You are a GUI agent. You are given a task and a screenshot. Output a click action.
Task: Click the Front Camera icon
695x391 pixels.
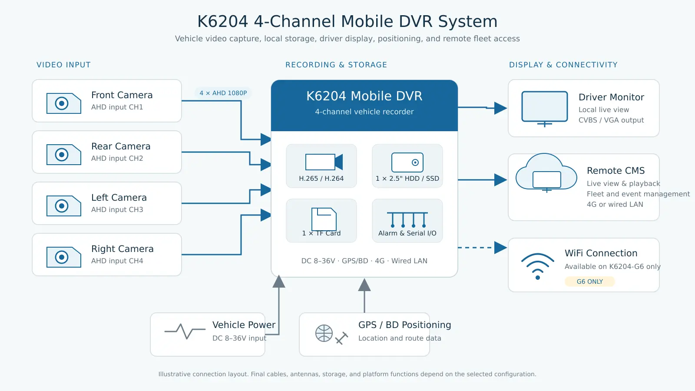63,103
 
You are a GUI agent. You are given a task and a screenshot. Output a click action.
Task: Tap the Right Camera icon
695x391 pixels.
63,257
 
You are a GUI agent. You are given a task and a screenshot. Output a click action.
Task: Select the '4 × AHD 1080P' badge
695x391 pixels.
223,93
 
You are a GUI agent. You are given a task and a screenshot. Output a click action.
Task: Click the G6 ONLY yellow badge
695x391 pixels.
589,282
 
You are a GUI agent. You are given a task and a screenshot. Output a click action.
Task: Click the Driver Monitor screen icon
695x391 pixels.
545,109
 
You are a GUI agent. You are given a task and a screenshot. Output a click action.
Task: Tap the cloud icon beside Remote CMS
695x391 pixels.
546,172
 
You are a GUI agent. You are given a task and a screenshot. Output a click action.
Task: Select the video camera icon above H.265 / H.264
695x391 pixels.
324,162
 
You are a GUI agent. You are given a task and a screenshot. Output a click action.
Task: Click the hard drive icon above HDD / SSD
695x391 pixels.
407,162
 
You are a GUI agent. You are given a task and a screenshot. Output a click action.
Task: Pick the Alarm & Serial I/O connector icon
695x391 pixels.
407,220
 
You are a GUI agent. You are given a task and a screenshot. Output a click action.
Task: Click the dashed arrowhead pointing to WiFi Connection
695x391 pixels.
500,248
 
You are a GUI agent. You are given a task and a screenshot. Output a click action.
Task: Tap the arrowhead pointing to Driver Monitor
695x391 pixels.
500,108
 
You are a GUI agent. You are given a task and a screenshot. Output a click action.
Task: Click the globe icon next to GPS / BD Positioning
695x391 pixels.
324,333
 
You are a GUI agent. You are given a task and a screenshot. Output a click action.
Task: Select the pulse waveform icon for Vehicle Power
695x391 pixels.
185,331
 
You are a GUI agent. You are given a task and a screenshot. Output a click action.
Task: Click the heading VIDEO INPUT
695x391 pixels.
63,65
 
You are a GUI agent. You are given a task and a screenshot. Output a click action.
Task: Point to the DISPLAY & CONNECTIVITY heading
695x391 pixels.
563,65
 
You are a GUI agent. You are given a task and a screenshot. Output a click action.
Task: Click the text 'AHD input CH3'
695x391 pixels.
117,209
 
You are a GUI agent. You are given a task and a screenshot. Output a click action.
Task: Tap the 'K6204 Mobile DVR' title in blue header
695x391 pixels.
364,96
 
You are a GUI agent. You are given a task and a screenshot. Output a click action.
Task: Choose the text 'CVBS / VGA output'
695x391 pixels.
611,120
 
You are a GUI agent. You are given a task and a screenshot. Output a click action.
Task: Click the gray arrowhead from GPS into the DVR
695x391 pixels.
364,285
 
